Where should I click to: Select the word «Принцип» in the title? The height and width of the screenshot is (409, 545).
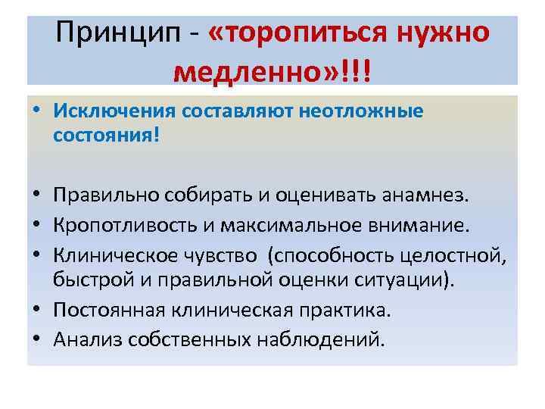pos(108,33)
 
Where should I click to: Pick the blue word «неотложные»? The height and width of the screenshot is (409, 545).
pos(361,111)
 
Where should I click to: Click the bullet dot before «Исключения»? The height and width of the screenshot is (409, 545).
pos(37,111)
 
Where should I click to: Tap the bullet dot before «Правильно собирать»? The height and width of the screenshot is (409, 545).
pos(37,197)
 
